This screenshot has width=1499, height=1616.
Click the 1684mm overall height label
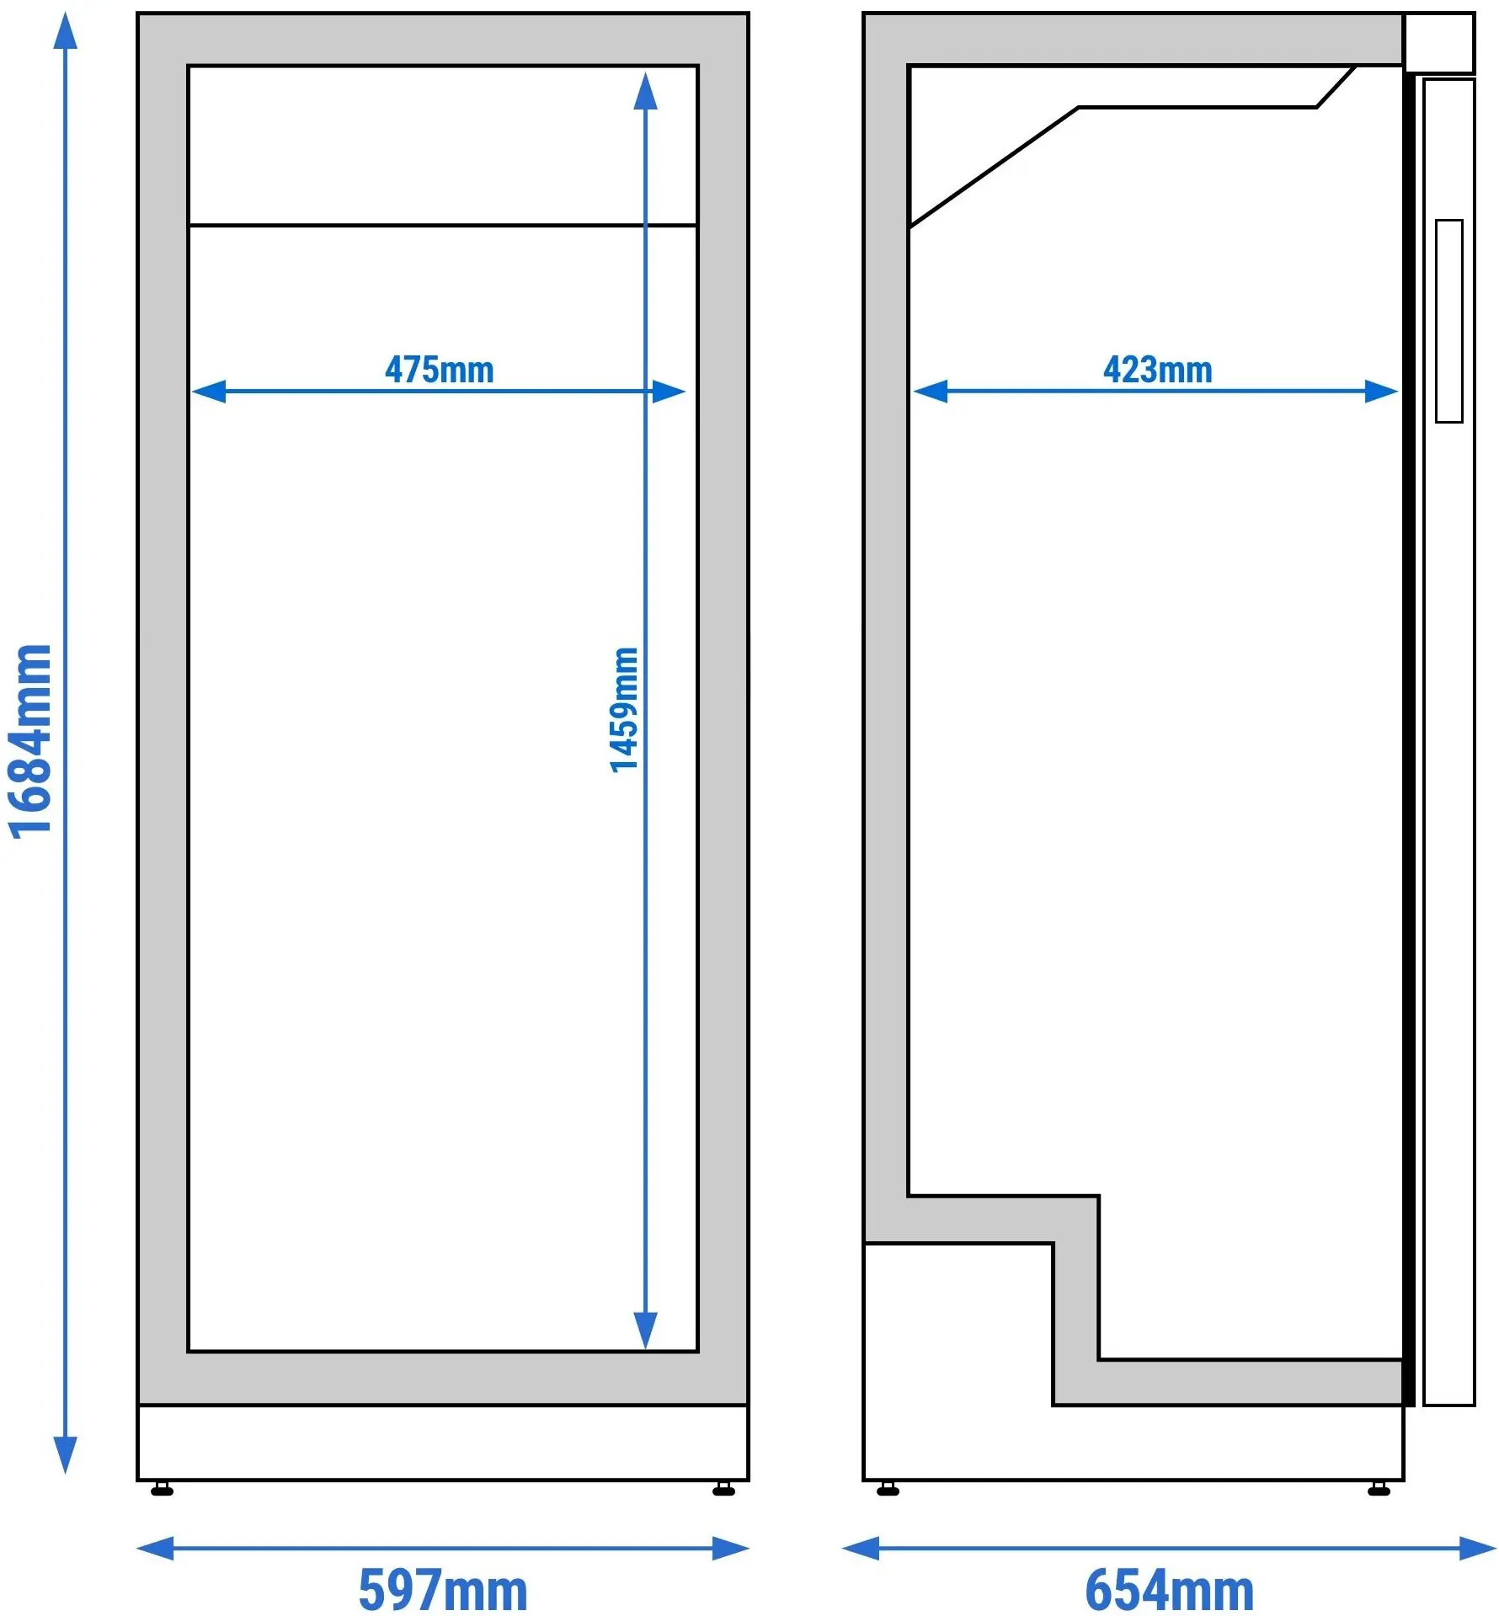pyautogui.click(x=30, y=742)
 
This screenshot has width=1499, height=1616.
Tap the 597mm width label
pyautogui.click(x=443, y=1590)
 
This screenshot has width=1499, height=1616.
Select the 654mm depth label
pyautogui.click(x=1169, y=1590)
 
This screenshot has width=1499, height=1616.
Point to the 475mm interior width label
pyautogui.click(x=439, y=370)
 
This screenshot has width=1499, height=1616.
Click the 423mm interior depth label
pyautogui.click(x=1158, y=370)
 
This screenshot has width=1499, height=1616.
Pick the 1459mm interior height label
pyautogui.click(x=624, y=710)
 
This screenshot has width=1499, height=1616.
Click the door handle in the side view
pyautogui.click(x=1448, y=321)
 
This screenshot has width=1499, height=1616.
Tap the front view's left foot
pyautogui.click(x=162, y=1489)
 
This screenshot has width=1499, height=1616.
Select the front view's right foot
pyautogui.click(x=723, y=1489)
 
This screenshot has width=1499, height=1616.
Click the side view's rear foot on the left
pyautogui.click(x=888, y=1489)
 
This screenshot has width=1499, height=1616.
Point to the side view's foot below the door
pyautogui.click(x=1379, y=1489)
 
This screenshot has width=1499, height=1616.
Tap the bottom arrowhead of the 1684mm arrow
pyautogui.click(x=65, y=1455)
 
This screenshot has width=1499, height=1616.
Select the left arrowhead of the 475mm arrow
pyautogui.click(x=209, y=392)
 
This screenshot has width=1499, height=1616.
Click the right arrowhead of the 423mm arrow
pyautogui.click(x=1381, y=392)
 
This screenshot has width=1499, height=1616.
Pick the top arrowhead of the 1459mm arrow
pyautogui.click(x=645, y=91)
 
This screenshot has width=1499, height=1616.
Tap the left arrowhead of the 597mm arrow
pyautogui.click(x=155, y=1549)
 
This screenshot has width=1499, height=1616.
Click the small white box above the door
pyautogui.click(x=1439, y=42)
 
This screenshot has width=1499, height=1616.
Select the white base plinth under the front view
pyautogui.click(x=443, y=1443)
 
